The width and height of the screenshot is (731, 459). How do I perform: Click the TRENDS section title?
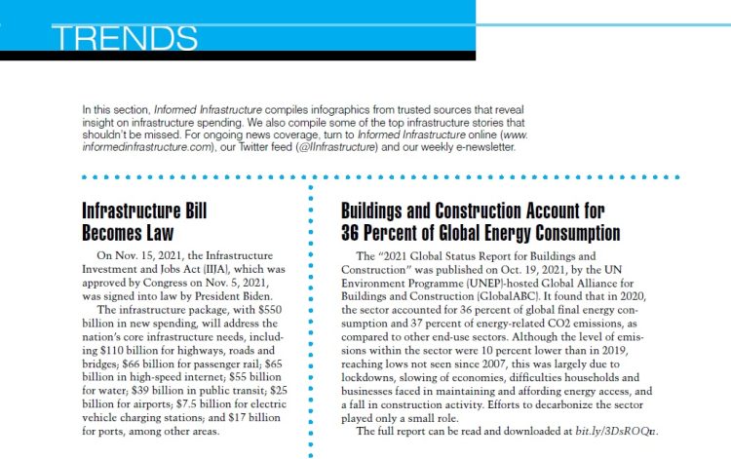click(125, 37)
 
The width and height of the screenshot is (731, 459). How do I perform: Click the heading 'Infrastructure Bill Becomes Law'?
click(145, 221)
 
